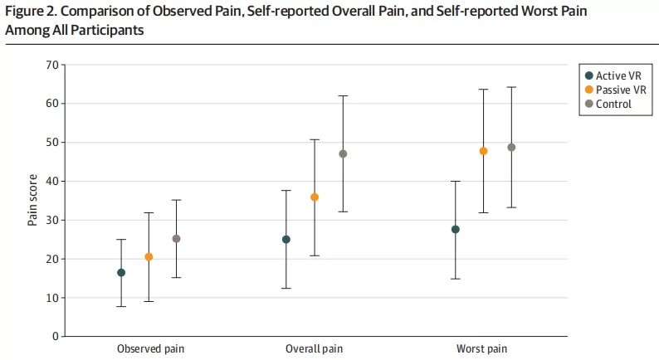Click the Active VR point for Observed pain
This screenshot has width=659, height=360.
tap(121, 273)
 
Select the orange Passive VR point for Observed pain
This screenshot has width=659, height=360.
tap(149, 256)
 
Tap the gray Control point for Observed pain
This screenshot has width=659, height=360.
tap(177, 239)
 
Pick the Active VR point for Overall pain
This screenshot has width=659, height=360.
tap(286, 240)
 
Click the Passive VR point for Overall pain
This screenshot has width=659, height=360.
tap(315, 197)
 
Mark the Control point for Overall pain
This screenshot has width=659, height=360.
tap(343, 153)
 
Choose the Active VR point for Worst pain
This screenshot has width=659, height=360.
tap(456, 230)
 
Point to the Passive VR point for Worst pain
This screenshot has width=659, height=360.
tap(483, 151)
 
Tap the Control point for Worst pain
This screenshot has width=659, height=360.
tap(511, 148)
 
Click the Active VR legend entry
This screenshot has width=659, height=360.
tap(613, 75)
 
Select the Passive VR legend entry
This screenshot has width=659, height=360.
tap(616, 90)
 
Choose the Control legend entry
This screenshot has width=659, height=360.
tap(608, 104)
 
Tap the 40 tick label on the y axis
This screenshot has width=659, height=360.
tap(52, 181)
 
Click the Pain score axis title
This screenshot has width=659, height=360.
tap(32, 200)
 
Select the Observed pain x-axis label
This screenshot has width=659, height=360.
tap(150, 348)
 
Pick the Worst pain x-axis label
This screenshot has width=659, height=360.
tap(481, 348)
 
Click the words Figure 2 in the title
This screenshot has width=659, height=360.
tap(31, 12)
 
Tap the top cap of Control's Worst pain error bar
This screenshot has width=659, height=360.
tap(511, 87)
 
